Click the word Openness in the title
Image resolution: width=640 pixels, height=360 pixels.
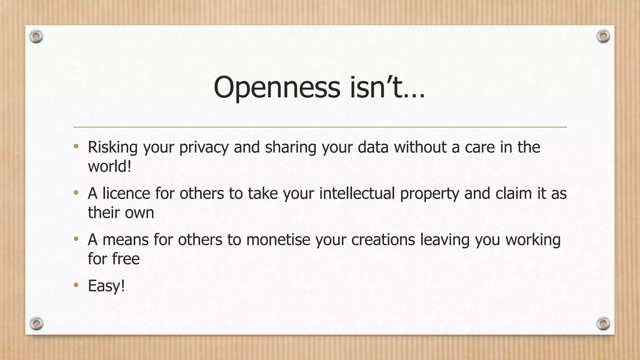coord(277,87)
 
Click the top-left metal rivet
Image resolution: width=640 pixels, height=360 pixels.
coord(36,37)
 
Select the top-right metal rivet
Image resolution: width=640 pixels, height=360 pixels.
coord(603,37)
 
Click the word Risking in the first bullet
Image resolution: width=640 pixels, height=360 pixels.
coord(112,147)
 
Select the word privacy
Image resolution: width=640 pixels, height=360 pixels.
coord(204,147)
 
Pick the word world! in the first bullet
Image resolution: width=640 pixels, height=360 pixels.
coord(109,166)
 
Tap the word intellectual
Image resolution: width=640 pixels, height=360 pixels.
coord(357,193)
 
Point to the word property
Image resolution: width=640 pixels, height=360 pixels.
coord(430,194)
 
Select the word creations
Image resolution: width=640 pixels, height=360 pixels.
coord(383,240)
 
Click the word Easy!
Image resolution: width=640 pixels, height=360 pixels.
coord(106,286)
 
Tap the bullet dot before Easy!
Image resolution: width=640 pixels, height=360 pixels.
coord(76,285)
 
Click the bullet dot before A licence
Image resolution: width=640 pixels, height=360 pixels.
coord(76,193)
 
